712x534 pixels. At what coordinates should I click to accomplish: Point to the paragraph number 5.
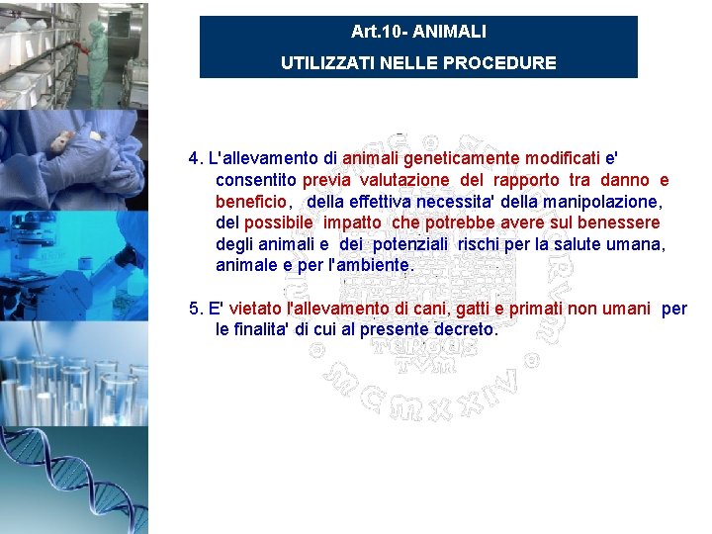point(195,309)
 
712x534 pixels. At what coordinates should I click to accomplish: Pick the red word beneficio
point(252,202)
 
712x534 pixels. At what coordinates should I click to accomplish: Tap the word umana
point(639,244)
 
